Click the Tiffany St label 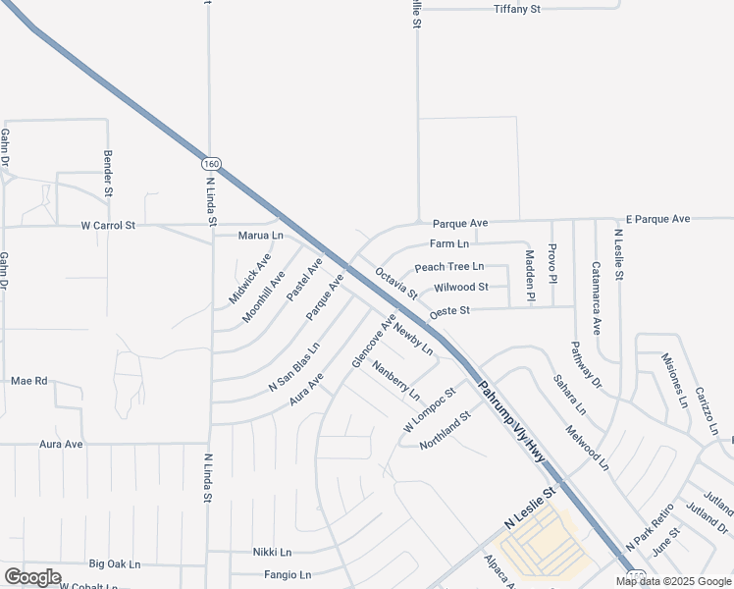click(516, 10)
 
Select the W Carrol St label click(108, 226)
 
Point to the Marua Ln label click(260, 236)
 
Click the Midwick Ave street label click(249, 278)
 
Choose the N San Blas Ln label click(294, 368)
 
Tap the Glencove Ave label click(374, 342)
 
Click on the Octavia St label click(396, 281)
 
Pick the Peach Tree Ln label click(449, 267)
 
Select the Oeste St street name click(450, 310)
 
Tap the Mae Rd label click(28, 380)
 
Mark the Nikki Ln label click(272, 553)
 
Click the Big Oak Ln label click(115, 564)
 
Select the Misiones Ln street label click(674, 380)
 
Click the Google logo click(31, 577)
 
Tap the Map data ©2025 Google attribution click(673, 581)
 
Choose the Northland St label click(446, 430)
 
